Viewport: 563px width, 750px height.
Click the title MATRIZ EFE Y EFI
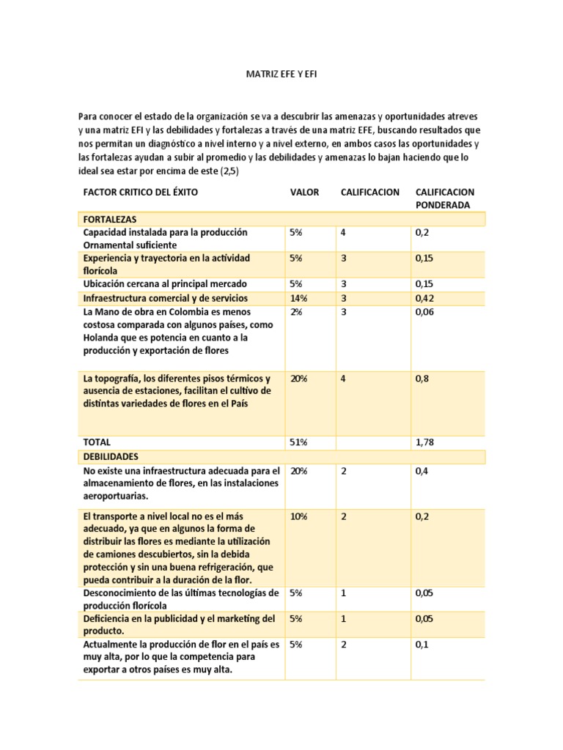(281, 75)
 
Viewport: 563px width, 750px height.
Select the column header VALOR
(304, 192)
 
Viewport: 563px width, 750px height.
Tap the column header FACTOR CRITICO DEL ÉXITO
(141, 192)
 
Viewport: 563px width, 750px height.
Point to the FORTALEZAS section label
(111, 219)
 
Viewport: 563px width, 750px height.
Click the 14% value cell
(298, 298)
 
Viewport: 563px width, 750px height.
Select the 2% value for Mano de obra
(296, 311)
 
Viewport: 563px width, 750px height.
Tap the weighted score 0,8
(422, 379)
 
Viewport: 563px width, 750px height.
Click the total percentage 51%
(298, 442)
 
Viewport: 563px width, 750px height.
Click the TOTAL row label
(97, 442)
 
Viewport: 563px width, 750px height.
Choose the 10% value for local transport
(298, 516)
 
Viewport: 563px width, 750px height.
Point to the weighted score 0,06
(424, 311)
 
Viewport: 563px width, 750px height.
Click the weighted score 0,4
(422, 471)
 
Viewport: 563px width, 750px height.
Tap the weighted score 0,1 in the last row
(422, 645)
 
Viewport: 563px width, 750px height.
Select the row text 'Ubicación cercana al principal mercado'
(165, 283)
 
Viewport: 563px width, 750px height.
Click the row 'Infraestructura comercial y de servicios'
(165, 298)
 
